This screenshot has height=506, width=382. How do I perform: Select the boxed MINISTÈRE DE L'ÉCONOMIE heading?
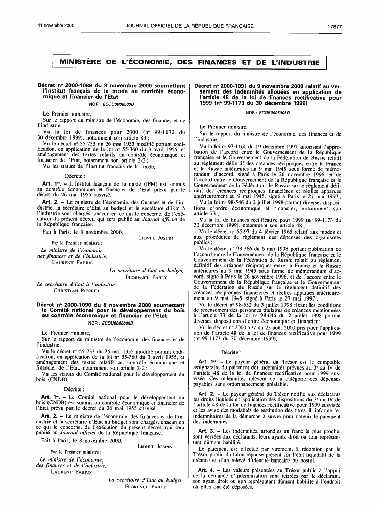pos(190,63)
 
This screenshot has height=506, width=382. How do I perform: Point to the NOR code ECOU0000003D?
pos(117,104)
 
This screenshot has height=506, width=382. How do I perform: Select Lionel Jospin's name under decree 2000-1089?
pos(156,238)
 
